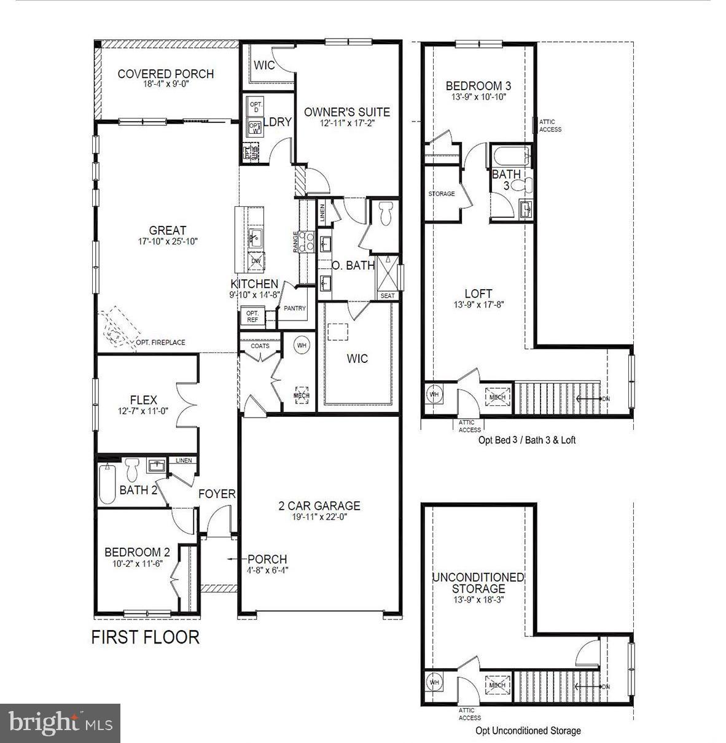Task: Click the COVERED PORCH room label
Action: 165,74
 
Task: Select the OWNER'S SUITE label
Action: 346,112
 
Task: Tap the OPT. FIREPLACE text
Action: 160,343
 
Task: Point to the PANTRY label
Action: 295,308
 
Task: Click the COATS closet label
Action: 260,346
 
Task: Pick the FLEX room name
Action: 143,400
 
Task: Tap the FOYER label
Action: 216,494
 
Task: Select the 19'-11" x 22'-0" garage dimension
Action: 319,517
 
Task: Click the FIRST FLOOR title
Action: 146,637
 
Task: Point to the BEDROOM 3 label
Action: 478,86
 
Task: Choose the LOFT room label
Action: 478,294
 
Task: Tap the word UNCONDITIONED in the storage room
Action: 478,577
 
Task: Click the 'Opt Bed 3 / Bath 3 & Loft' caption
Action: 526,440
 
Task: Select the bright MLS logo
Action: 61,723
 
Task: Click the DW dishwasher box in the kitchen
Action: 256,262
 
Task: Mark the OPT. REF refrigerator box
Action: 252,317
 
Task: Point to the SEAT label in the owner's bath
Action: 388,295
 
